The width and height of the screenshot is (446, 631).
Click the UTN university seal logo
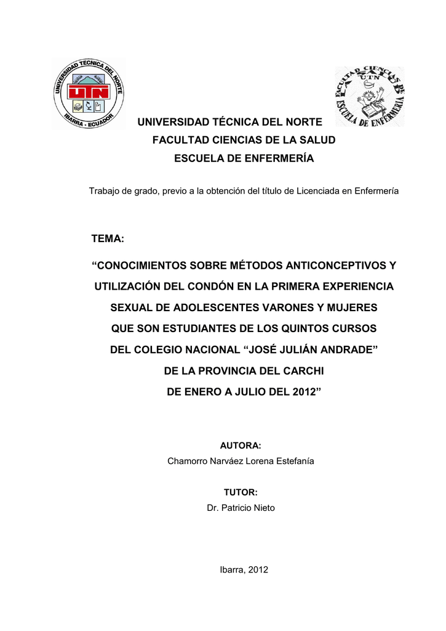tap(89, 93)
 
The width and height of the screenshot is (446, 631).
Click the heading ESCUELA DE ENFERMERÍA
tap(244, 159)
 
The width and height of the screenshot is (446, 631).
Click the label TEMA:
tap(108, 238)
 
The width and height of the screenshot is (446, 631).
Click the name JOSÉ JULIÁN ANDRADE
tap(311, 349)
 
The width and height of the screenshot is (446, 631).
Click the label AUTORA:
tap(241, 445)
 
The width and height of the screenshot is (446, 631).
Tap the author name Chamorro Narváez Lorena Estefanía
tap(241, 462)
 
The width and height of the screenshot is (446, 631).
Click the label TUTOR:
tap(241, 492)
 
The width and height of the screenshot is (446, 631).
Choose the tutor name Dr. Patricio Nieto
tap(241, 508)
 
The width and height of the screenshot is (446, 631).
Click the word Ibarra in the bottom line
tap(233, 570)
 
